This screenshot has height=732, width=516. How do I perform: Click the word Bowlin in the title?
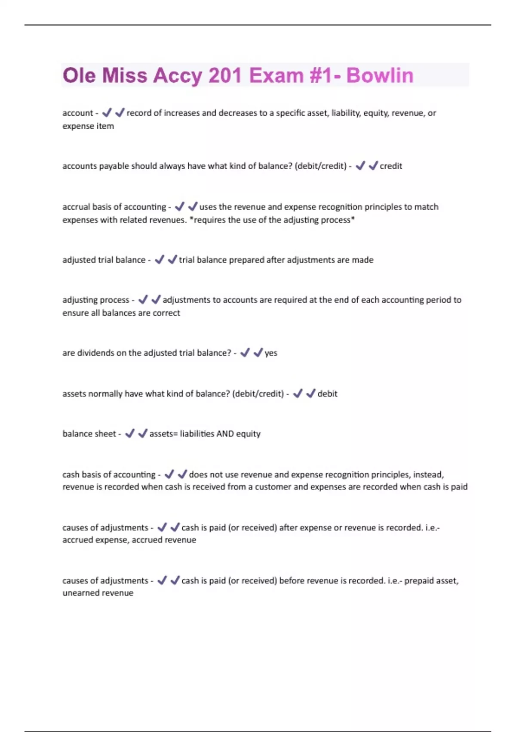pos(380,75)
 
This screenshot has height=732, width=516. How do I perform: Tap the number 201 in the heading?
pos(225,75)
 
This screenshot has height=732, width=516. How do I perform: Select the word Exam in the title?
pos(276,75)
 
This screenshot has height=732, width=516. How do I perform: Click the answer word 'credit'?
pos(391,166)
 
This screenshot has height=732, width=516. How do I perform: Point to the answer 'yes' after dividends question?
pos(271,353)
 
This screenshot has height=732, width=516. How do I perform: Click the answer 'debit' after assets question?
pos(327,394)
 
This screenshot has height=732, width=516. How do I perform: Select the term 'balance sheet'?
pos(89,434)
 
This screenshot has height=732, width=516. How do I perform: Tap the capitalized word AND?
pos(225,434)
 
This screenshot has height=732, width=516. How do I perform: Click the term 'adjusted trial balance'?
pos(104,260)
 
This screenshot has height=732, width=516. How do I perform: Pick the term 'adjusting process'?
pos(95,300)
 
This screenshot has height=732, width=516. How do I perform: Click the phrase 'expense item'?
pos(88,126)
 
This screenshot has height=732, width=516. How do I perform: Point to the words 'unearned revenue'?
pos(98,593)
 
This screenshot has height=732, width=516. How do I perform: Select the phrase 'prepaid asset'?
pos(431,581)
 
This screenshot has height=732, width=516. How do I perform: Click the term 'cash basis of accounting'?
pos(109,475)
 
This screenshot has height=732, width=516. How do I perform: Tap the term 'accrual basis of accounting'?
pos(114,207)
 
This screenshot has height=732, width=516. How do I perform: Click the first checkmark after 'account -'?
pos(107,113)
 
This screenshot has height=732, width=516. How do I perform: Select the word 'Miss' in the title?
pos(125,75)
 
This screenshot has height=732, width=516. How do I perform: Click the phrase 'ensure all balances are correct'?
pos(121,313)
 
